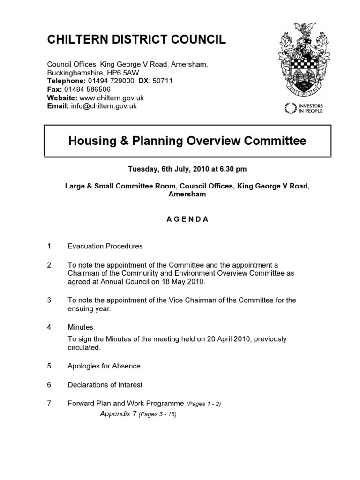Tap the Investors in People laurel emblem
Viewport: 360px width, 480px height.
pos(291,108)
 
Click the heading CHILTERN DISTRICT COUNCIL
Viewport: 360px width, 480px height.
pos(136,40)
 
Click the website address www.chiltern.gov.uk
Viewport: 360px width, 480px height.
pos(112,97)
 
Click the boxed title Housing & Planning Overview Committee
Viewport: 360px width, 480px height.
pos(187,141)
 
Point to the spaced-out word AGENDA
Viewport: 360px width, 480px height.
pos(187,219)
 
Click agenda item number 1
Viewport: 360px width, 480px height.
pos(49,246)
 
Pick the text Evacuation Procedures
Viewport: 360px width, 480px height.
pos(105,246)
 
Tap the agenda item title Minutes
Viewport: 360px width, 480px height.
pos(80,327)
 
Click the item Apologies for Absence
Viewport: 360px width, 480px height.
pos(104,366)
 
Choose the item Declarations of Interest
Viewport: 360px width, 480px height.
pos(105,385)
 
